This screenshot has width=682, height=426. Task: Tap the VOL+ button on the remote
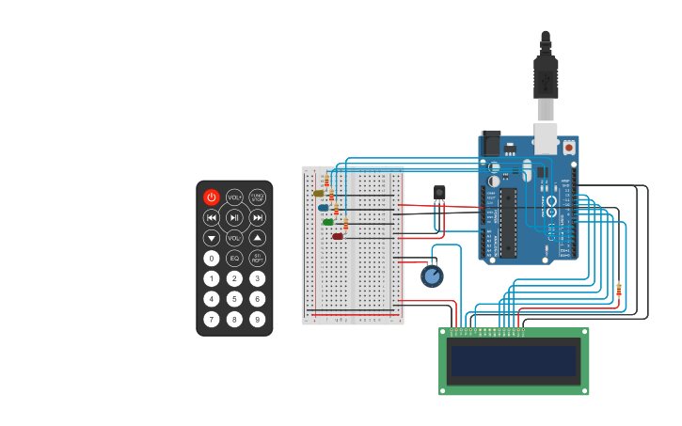234,197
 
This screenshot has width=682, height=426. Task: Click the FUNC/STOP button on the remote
257,197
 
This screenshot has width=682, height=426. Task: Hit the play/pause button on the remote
234,218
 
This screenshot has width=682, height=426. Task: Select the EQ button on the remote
234,258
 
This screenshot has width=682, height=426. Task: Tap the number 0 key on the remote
212,258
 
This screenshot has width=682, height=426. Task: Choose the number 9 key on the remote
257,319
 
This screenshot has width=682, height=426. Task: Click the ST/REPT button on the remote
257,258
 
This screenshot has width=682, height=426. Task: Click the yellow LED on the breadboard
319,194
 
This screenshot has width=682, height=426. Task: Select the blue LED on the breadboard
324,208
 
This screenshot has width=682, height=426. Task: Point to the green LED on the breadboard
328,223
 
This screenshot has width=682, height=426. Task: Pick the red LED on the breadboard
338,237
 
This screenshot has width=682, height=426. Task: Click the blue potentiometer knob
432,276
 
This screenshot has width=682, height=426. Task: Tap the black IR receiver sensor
439,193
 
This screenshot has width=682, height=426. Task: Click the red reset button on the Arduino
569,148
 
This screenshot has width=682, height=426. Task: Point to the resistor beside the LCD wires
618,290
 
